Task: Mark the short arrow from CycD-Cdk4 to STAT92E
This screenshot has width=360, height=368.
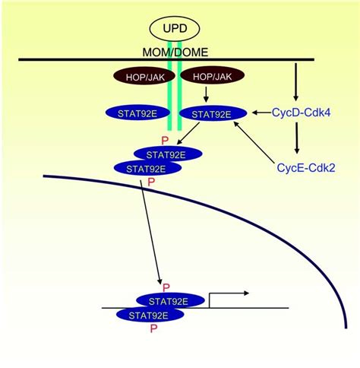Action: click(258, 113)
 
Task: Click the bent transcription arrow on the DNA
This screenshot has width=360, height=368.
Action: click(228, 297)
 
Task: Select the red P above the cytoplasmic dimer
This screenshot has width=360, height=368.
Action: click(164, 140)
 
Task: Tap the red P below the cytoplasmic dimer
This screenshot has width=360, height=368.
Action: click(151, 182)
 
